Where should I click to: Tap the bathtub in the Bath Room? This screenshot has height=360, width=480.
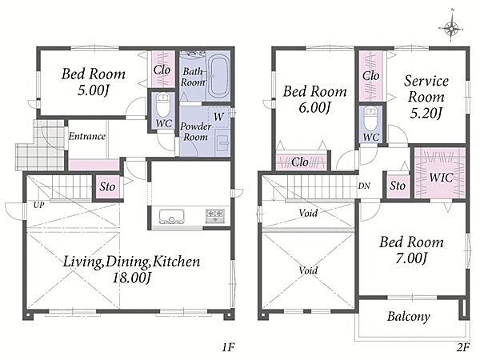(218, 77)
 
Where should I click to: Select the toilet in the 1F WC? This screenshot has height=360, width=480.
(163, 104)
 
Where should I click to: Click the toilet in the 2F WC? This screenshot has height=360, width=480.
(370, 118)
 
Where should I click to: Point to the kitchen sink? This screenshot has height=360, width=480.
(171, 217)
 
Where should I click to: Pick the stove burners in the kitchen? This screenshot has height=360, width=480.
(215, 215)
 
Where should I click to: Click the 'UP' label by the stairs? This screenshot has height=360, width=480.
(38, 205)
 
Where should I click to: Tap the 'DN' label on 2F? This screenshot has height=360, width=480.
(364, 186)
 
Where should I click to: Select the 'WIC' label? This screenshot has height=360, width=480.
(441, 178)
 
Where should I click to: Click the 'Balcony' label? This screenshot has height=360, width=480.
(408, 317)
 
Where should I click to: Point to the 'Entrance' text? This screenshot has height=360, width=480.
(87, 136)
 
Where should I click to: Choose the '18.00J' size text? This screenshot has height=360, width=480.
(132, 278)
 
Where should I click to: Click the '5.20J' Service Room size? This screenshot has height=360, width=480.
(426, 114)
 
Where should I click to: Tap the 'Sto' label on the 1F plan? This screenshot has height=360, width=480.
(107, 186)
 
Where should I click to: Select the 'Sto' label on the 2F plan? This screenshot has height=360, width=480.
(398, 186)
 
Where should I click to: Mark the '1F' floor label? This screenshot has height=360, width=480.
(228, 347)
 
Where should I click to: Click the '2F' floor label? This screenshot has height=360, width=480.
(463, 347)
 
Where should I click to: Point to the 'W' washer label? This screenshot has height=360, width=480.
(219, 117)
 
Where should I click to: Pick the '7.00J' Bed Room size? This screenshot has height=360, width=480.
(411, 258)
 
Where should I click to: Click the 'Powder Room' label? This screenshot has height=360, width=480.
(196, 132)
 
